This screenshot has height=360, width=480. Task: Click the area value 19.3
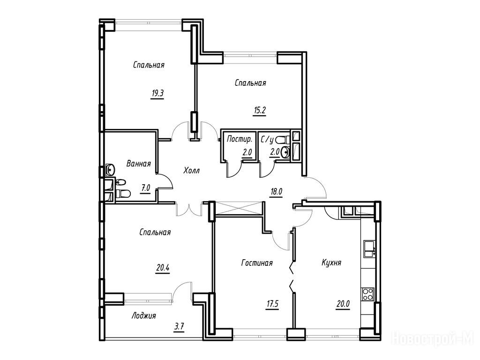pos(157,93)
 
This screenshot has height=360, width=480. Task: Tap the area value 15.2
pos(259,111)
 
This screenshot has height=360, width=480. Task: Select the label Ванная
pos(139,164)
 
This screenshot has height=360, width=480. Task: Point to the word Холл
pos(192,170)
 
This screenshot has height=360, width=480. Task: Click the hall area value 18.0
pos(276,192)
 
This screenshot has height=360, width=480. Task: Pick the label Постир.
pos(240,139)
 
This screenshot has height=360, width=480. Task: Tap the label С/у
pos(267,140)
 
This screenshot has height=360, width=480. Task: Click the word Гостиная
pos(257,262)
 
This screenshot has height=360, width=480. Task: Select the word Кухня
pos(331,262)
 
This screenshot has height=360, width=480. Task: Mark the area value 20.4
pos(163,269)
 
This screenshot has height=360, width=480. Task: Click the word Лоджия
pos(144,315)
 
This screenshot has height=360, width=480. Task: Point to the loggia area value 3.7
pos(179,327)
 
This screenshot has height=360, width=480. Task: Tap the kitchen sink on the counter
pos(369,249)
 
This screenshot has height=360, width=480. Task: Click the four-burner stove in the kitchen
pos(368,294)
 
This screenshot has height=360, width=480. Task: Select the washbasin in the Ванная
pos(110,169)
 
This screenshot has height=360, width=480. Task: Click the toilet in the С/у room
pos(282,140)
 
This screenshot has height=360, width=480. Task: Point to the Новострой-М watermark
pos(435,339)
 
